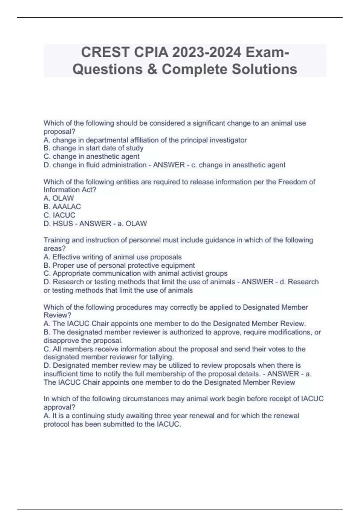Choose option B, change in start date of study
click(94, 148)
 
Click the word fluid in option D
click(94, 165)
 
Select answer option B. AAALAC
click(62, 207)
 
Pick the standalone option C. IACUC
click(59, 215)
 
